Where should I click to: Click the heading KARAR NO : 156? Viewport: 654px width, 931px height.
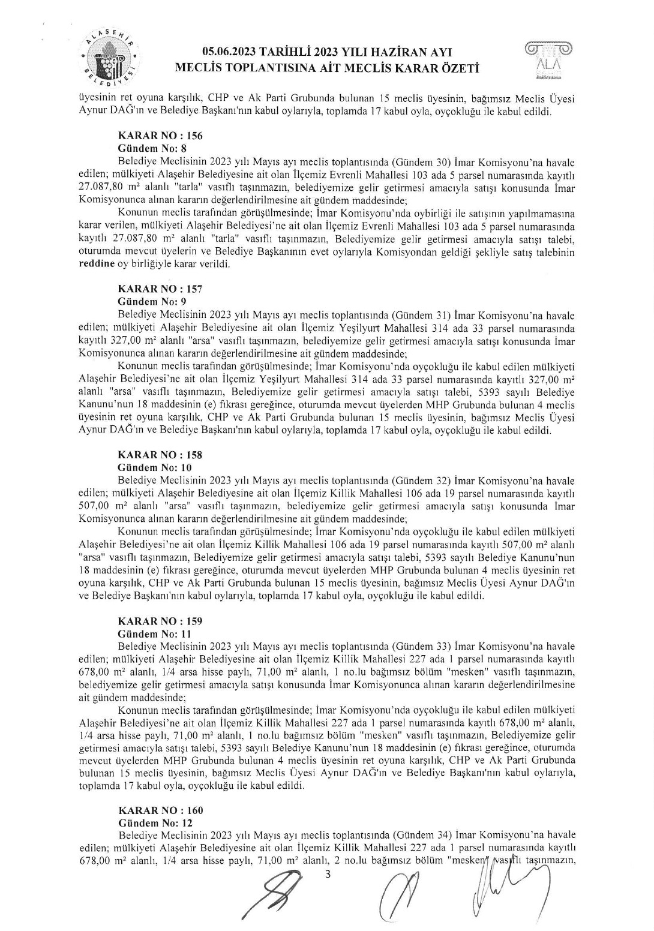point(160,136)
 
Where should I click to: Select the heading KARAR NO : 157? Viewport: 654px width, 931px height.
point(160,289)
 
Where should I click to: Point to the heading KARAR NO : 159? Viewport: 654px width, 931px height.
point(160,621)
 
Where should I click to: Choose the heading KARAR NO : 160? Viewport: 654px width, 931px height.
point(160,810)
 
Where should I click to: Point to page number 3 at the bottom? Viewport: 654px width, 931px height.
point(328,874)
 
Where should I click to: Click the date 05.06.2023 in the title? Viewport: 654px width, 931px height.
point(230,53)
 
